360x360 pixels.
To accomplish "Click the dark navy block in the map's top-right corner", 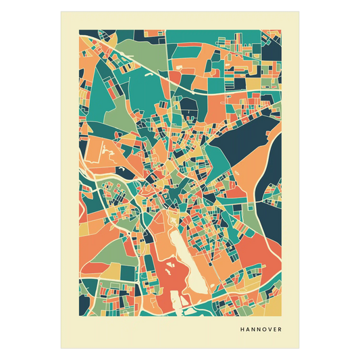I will (x=272, y=47).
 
